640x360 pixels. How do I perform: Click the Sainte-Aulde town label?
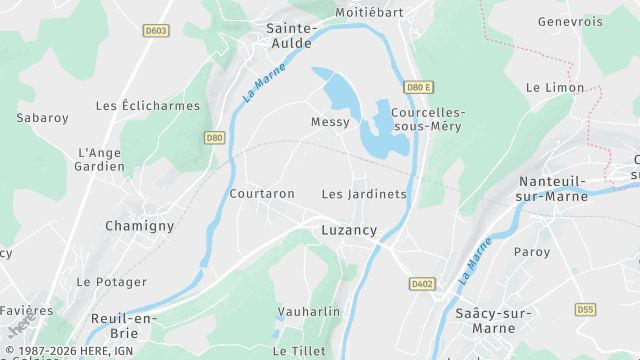tap(290, 36)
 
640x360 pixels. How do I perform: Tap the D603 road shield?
tap(154, 32)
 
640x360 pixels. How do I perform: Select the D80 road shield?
tap(214, 138)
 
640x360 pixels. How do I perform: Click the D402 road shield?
tap(423, 284)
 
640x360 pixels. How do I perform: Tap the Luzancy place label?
tap(349, 230)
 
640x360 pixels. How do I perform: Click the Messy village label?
tap(331, 122)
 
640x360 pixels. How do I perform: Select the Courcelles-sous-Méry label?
tap(428, 120)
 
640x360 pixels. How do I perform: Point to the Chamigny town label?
tap(140, 226)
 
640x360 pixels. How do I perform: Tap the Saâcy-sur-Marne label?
tap(492, 321)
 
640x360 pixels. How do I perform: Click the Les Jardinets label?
tap(364, 194)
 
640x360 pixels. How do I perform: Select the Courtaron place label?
tap(262, 194)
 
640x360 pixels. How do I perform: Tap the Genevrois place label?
tap(570, 21)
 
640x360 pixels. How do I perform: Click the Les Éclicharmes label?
tap(147, 106)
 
